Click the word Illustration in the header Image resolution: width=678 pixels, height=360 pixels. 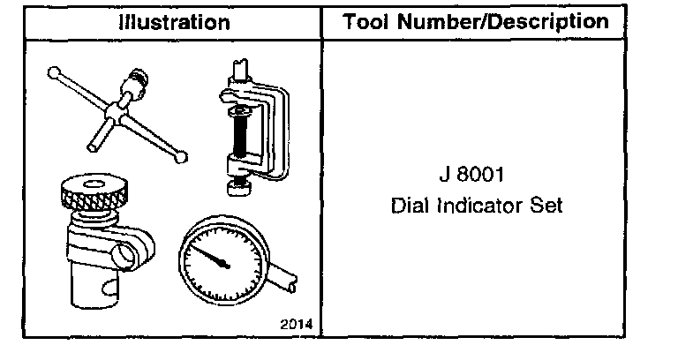coord(174,22)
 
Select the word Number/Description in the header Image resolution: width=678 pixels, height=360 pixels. coord(503,22)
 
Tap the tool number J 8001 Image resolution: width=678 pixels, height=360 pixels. coord(471,175)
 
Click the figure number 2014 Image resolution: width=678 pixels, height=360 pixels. coord(297,324)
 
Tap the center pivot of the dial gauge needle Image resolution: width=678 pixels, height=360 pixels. coord(225,264)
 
